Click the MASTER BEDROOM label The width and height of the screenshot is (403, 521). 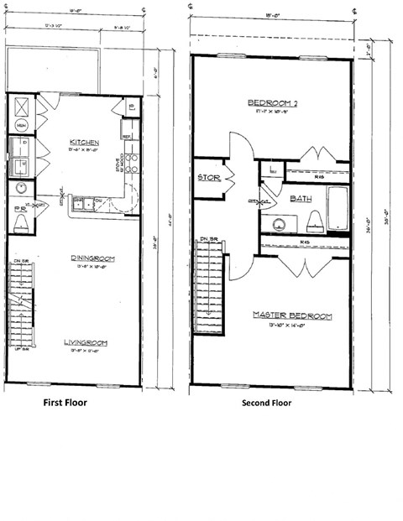pyautogui.click(x=292, y=315)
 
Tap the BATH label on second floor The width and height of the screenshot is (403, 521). pyautogui.click(x=301, y=198)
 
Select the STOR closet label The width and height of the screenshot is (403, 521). pyautogui.click(x=208, y=178)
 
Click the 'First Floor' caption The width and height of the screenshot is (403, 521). pyautogui.click(x=65, y=402)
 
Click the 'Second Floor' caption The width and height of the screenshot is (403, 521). pyautogui.click(x=266, y=402)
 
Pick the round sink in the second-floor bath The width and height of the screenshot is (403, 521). pyautogui.click(x=277, y=223)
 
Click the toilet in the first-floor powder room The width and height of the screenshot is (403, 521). pyautogui.click(x=21, y=222)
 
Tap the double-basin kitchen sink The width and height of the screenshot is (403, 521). pyautogui.click(x=83, y=203)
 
